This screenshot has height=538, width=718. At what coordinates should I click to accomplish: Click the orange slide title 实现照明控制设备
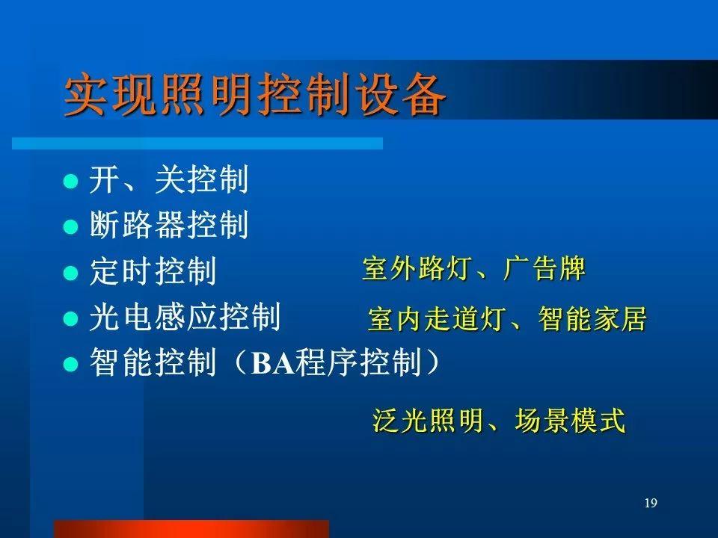(254, 95)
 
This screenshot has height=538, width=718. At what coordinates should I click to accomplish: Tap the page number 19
(651, 503)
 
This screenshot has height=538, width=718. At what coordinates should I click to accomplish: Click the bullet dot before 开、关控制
(70, 181)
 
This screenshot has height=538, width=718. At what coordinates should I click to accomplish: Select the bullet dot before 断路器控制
(70, 226)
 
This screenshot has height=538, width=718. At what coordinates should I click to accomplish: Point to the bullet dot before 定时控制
(70, 273)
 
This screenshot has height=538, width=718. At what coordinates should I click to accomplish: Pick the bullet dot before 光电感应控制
(70, 318)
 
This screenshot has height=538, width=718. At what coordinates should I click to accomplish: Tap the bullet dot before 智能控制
(70, 364)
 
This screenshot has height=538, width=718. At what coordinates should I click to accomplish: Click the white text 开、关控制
(169, 179)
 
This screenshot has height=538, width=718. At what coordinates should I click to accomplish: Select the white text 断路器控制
(169, 225)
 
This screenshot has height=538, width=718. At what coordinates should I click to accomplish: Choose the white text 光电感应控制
(185, 317)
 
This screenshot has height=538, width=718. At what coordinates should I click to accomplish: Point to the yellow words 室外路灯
(416, 268)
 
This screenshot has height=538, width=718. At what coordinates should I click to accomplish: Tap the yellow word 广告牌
(544, 268)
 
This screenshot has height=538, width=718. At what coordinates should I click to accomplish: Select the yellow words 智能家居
(592, 319)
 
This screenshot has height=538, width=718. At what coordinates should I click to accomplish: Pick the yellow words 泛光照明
(428, 420)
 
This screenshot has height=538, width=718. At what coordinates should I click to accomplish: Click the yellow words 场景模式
(570, 420)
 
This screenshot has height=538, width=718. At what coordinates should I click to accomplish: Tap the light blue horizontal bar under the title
(197, 143)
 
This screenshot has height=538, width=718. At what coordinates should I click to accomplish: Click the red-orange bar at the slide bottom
(191, 529)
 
